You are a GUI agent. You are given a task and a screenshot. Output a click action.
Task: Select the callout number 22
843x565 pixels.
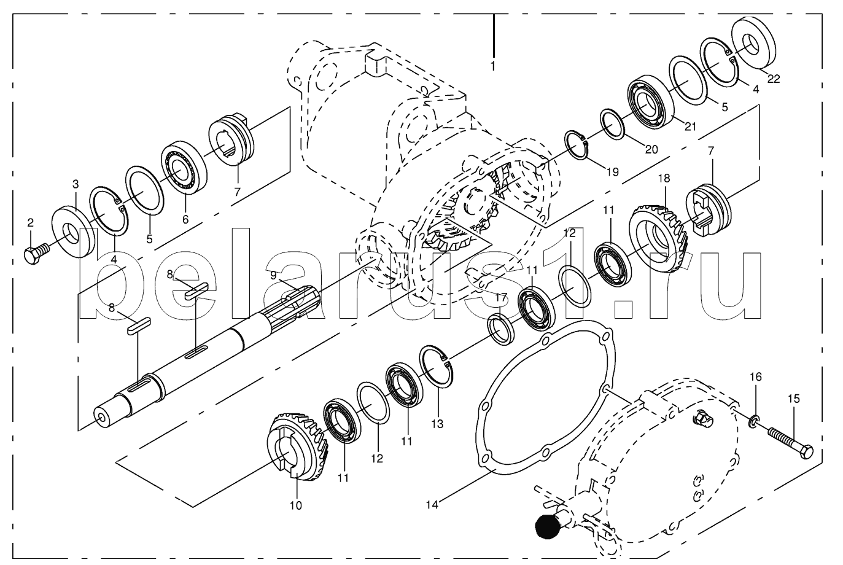click(x=774, y=78)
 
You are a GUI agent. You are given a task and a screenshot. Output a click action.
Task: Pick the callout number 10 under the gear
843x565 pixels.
click(x=296, y=505)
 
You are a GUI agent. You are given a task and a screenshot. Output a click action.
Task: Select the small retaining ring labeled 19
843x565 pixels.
click(x=577, y=145)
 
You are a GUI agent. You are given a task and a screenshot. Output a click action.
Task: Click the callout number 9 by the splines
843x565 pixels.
click(x=274, y=275)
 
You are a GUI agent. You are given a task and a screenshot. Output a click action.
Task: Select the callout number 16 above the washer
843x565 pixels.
click(x=756, y=376)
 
